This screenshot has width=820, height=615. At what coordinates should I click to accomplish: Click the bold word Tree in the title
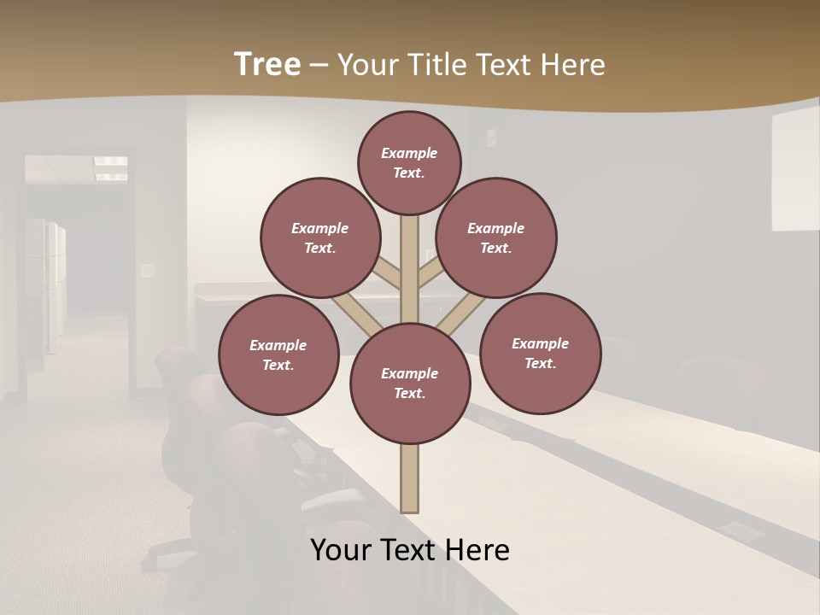[x=267, y=65]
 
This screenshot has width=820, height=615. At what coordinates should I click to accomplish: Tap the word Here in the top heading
[x=572, y=65]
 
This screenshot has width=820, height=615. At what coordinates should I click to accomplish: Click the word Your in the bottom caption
[x=342, y=550]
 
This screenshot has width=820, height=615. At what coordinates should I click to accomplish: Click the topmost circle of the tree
[x=409, y=162]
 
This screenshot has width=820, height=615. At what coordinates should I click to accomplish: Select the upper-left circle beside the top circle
[x=320, y=237]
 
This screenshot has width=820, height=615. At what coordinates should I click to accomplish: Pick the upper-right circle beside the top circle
[x=496, y=237]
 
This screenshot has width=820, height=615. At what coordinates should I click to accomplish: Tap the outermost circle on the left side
[x=278, y=354]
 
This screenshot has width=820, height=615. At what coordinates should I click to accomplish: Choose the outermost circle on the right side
[x=541, y=353]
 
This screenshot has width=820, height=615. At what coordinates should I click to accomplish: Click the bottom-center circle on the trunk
[x=410, y=384]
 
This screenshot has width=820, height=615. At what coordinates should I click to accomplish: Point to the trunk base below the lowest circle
[x=410, y=478]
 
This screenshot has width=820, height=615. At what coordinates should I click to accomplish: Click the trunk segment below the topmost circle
[x=410, y=265]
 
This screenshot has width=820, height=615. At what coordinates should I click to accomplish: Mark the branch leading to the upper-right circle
[x=431, y=274]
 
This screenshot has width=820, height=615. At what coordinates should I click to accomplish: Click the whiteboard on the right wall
[x=794, y=171]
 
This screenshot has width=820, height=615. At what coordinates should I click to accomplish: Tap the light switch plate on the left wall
[x=149, y=271]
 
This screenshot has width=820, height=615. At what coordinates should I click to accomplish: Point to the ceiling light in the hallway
[x=110, y=162]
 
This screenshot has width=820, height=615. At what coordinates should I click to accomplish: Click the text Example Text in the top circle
[x=409, y=162]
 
